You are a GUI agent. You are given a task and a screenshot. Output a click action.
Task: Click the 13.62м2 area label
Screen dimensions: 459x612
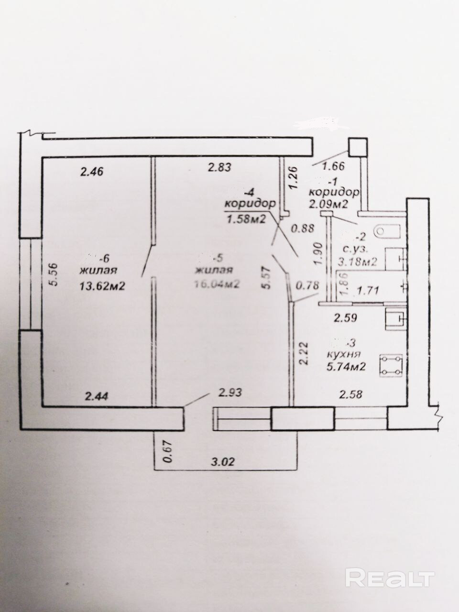pyautogui.click(x=102, y=286)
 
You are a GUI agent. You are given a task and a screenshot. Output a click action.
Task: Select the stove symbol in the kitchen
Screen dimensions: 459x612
pyautogui.click(x=392, y=366)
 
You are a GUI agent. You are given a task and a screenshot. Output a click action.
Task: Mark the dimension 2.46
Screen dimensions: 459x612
pyautogui.click(x=92, y=170)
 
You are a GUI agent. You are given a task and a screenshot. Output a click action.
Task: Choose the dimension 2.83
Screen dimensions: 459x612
pyautogui.click(x=219, y=167)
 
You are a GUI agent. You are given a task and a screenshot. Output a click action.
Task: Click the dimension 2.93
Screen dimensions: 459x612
pyautogui.click(x=230, y=393)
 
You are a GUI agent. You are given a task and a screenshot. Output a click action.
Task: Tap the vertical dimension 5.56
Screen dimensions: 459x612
pyautogui.click(x=55, y=275)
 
